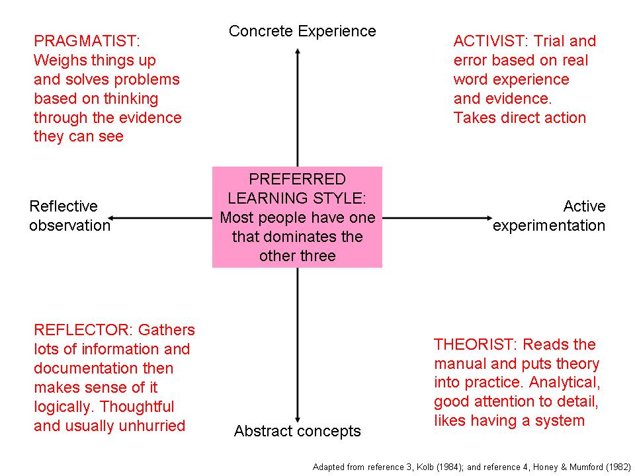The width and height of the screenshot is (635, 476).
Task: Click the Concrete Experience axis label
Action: [x=302, y=31]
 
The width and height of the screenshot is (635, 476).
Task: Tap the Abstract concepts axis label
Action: [x=297, y=431]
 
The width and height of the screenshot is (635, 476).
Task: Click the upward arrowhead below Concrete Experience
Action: [x=298, y=51]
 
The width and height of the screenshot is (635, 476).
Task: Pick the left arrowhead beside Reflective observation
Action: [x=110, y=218]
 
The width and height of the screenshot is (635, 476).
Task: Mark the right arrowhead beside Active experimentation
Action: [x=489, y=218]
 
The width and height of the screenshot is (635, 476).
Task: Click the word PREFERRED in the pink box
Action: [x=297, y=179]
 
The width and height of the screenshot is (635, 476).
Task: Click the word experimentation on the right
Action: [x=549, y=226]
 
